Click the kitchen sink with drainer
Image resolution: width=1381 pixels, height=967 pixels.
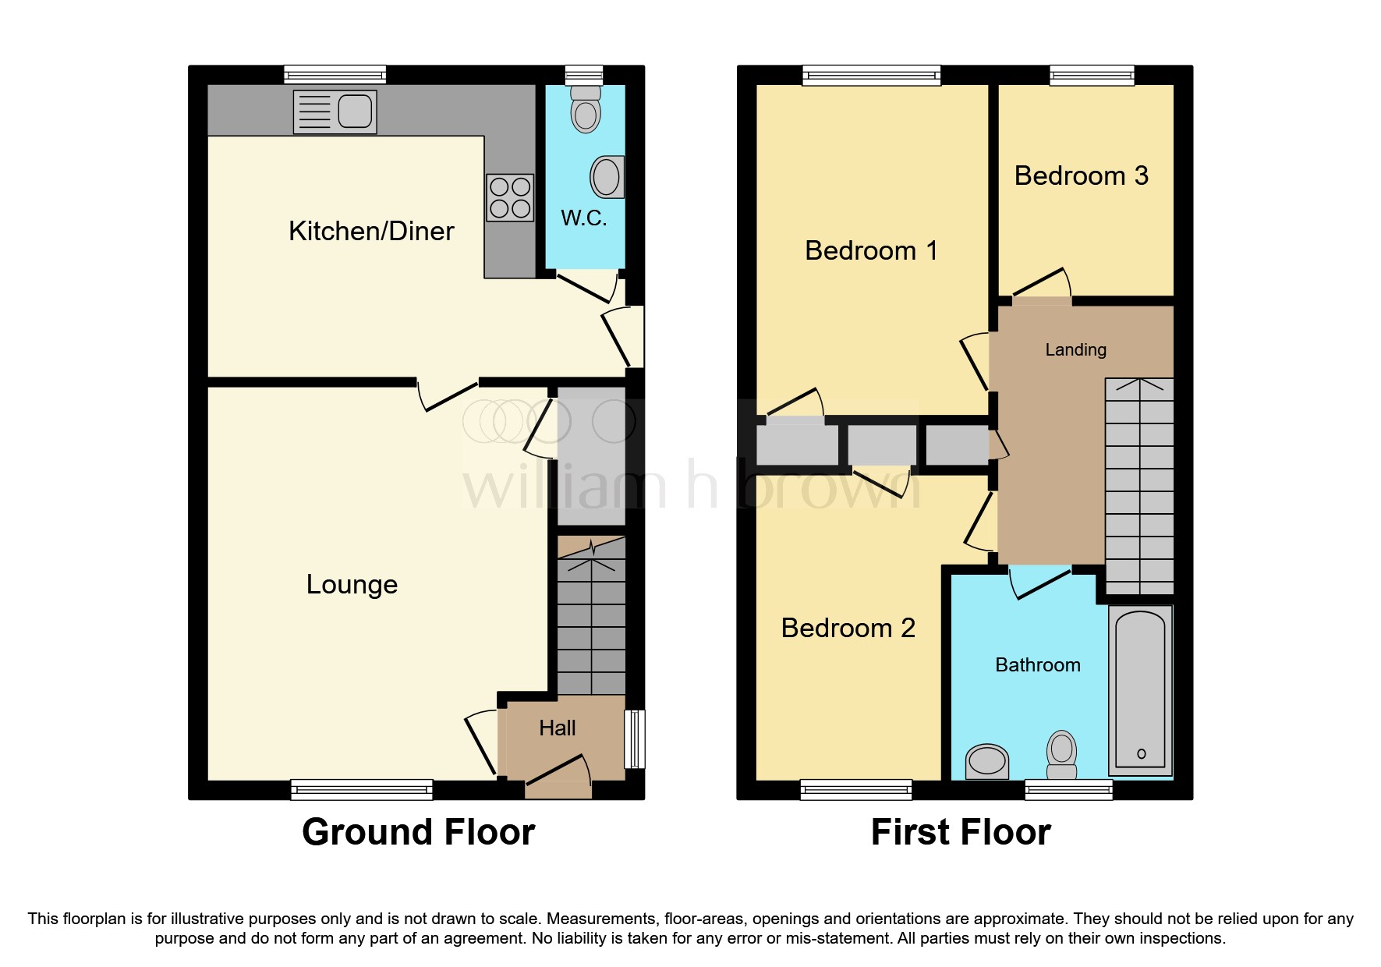335,112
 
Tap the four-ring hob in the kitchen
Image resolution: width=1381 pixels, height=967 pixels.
510,197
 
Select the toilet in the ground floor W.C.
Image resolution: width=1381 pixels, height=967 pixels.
586,109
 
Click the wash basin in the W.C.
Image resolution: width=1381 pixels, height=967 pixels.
607,176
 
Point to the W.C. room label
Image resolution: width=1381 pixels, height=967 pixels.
583,218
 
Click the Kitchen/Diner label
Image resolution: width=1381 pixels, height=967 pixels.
371,231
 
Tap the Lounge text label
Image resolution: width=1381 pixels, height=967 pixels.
352,584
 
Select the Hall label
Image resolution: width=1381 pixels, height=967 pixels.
557,728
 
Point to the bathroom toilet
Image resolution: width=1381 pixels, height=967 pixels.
1061,754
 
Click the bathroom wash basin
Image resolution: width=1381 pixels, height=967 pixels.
987,760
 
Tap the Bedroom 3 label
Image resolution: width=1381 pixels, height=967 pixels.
1081,175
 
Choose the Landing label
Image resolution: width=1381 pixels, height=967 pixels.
1075,349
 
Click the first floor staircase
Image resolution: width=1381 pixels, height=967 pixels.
1139,487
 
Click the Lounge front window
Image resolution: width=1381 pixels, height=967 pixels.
362,789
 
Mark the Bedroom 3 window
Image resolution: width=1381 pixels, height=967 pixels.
1092,75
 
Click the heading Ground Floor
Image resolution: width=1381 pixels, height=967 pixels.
418,832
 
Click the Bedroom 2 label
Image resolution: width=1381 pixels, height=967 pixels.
848,628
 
